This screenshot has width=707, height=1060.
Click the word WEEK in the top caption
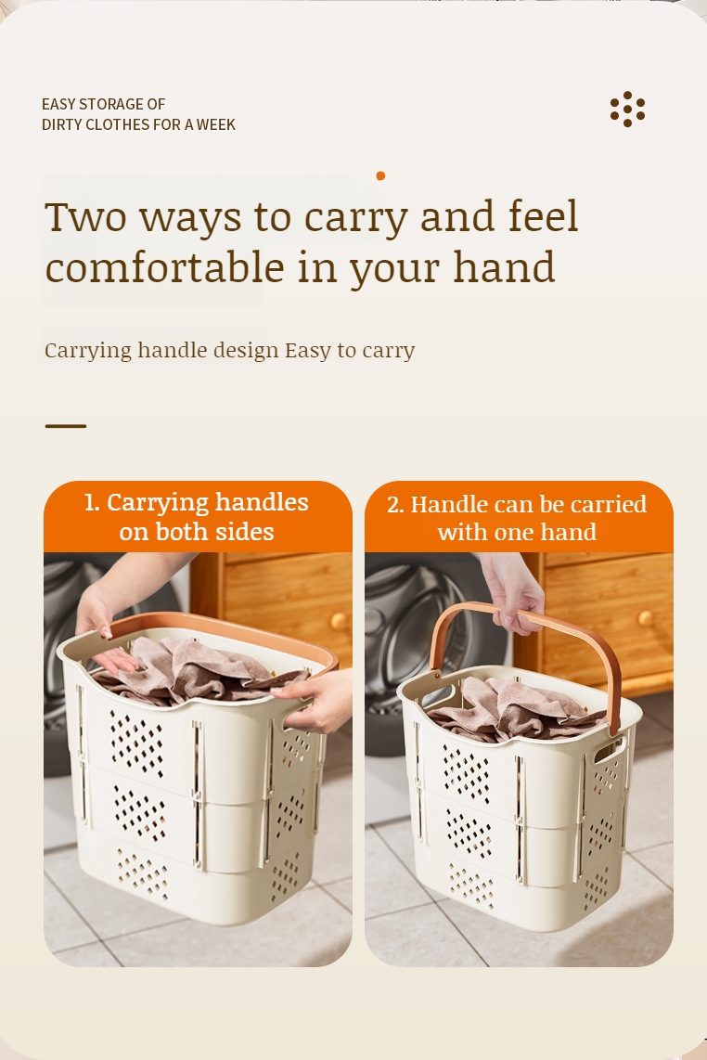pyautogui.click(x=215, y=124)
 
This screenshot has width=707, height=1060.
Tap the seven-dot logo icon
pyautogui.click(x=627, y=109)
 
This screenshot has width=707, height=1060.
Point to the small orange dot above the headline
pyautogui.click(x=380, y=175)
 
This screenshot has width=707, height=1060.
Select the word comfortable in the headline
pyautogui.click(x=165, y=266)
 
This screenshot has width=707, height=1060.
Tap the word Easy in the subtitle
pyautogui.click(x=308, y=351)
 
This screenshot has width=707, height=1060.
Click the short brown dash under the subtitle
pyautogui.click(x=66, y=426)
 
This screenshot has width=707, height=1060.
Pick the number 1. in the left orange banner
pyautogui.click(x=92, y=503)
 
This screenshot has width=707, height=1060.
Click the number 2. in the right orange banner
pyautogui.click(x=395, y=505)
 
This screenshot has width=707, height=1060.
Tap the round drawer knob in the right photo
pyautogui.click(x=646, y=618)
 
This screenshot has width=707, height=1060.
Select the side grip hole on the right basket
pyautogui.click(x=609, y=750)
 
